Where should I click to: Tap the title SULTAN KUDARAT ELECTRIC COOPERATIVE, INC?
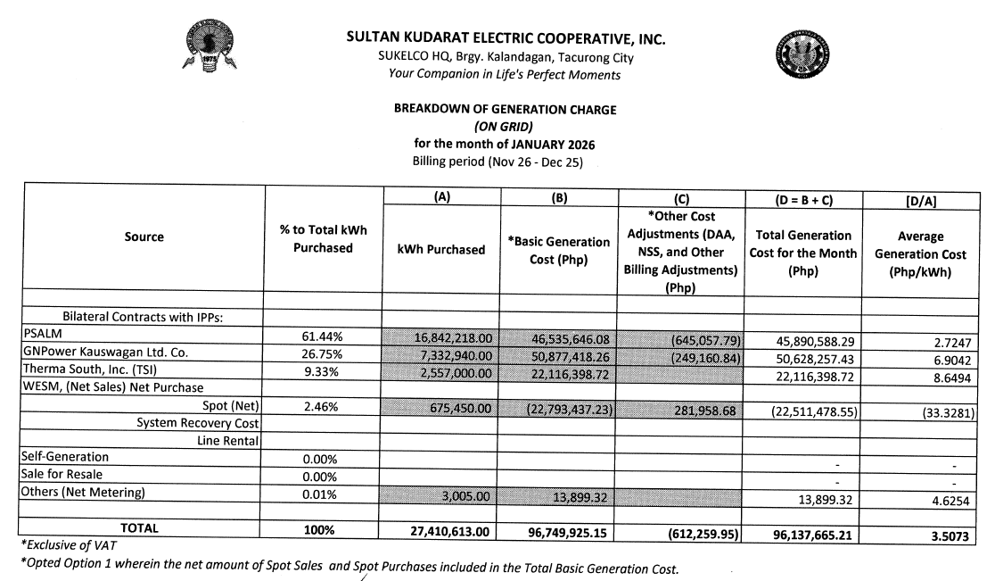(506, 40)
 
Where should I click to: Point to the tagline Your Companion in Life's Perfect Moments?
(506, 75)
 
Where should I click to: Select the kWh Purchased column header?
(441, 250)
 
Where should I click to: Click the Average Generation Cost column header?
(920, 254)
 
